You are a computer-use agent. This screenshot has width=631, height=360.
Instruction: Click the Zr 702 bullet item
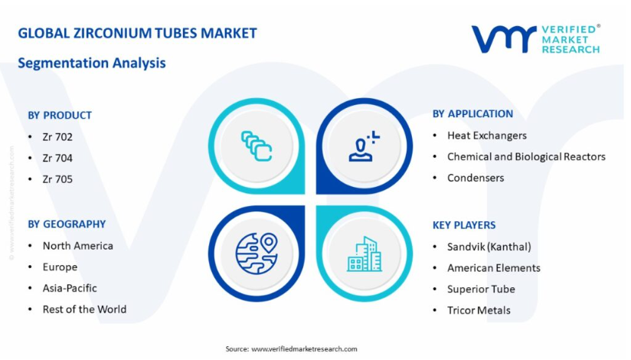(x=57, y=137)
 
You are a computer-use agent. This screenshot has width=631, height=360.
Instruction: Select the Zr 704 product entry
(x=57, y=159)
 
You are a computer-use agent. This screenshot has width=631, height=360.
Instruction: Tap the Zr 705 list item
(x=57, y=179)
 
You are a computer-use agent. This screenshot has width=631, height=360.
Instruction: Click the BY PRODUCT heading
(x=60, y=115)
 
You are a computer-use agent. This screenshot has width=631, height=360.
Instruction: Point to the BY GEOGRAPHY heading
(x=67, y=224)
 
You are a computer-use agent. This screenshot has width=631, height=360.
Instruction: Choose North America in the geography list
(x=77, y=246)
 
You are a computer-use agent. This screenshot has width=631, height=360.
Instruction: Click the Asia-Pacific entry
(x=70, y=288)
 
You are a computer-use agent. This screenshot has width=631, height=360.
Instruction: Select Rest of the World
(x=84, y=309)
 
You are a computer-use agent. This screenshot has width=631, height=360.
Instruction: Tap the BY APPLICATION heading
(x=472, y=114)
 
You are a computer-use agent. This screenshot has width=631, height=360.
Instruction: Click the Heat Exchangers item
(x=487, y=136)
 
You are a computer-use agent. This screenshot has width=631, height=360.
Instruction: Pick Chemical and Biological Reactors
(x=526, y=157)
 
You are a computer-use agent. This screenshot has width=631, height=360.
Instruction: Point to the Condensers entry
(x=476, y=178)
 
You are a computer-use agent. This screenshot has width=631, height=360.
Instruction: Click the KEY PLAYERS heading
(x=464, y=225)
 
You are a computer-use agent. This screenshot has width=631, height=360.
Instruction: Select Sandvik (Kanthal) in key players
(x=489, y=247)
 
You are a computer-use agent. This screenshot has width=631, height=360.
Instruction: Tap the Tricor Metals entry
(x=479, y=310)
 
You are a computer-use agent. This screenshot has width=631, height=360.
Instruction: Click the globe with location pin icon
(x=257, y=254)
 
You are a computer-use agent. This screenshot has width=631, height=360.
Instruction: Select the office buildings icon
(x=365, y=254)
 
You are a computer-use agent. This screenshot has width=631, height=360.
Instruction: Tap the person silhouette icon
(x=364, y=146)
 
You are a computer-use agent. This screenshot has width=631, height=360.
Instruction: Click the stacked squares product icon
(x=257, y=146)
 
